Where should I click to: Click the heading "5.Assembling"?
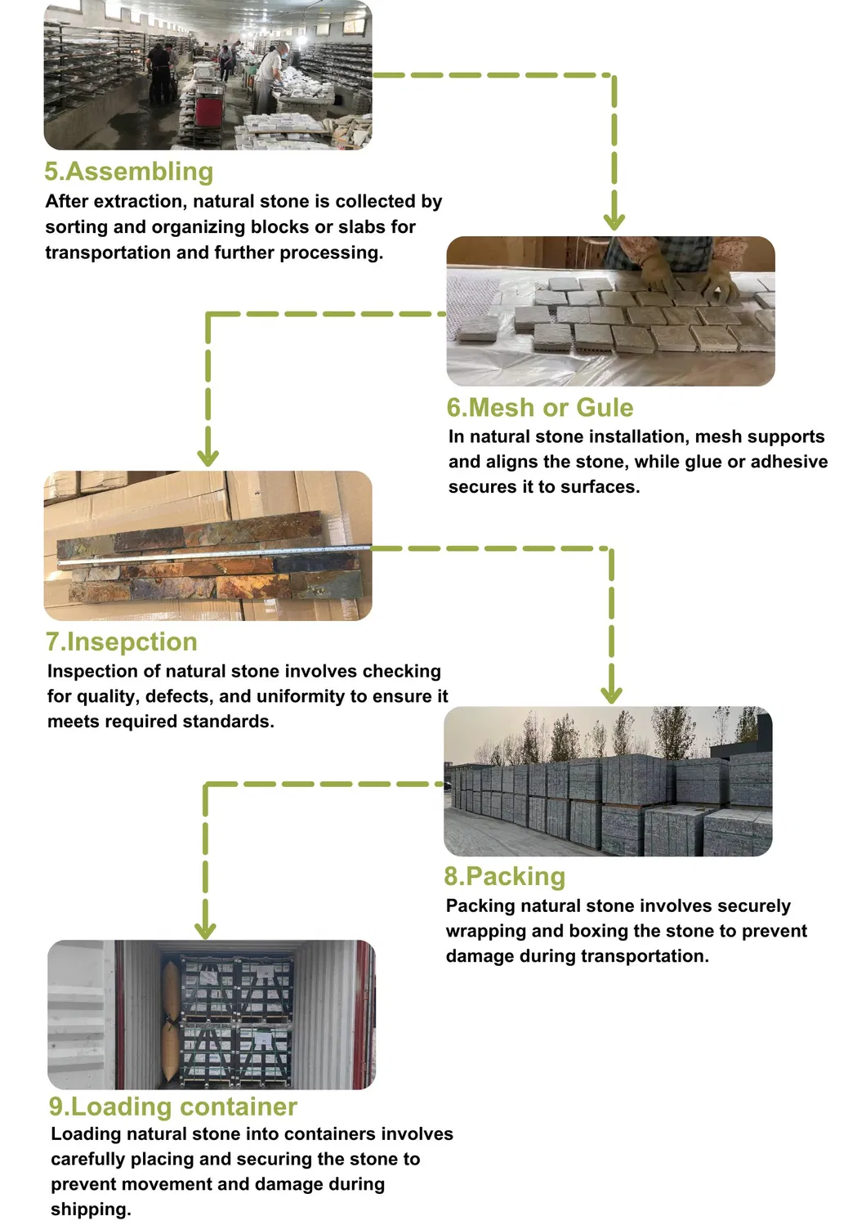[129, 172]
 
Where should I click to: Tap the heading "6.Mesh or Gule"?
[539, 408]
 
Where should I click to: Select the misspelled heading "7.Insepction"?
[122, 642]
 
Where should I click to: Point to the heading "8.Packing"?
[504, 876]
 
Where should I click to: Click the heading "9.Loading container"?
[172, 1107]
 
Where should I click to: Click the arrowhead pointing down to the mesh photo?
[614, 220]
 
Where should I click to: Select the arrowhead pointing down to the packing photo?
[611, 693]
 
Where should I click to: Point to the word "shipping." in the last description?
[91, 1209]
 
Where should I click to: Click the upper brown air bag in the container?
[171, 991]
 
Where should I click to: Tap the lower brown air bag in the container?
[171, 1053]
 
